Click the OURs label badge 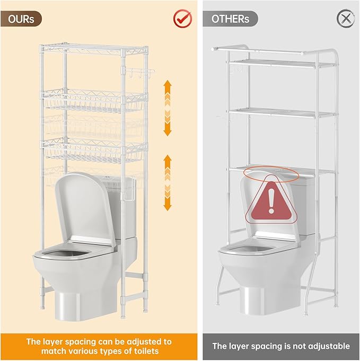pyautogui.click(x=21, y=19)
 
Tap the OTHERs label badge pyautogui.click(x=230, y=19)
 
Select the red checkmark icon pyautogui.click(x=182, y=18)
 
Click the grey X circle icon pyautogui.click(x=346, y=19)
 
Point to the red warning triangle pyautogui.click(x=271, y=200)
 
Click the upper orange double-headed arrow pyautogui.click(x=168, y=108)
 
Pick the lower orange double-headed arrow pyautogui.click(x=168, y=183)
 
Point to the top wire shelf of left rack pyautogui.click(x=94, y=49)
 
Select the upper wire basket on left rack pyautogui.click(x=94, y=101)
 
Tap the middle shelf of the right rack pyautogui.click(x=282, y=113)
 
